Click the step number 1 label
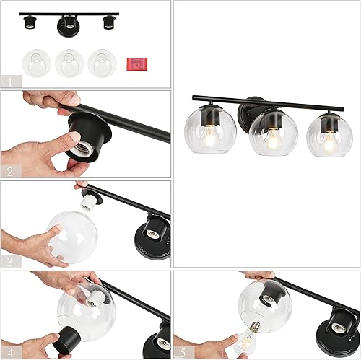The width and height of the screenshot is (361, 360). pyautogui.click(x=8, y=81)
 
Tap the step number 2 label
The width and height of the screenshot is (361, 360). pyautogui.click(x=8, y=172)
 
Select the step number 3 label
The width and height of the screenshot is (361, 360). pyautogui.click(x=8, y=261)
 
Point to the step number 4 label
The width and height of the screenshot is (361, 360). pyautogui.click(x=8, y=351)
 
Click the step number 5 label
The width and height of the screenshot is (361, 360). pyautogui.click(x=183, y=351)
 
